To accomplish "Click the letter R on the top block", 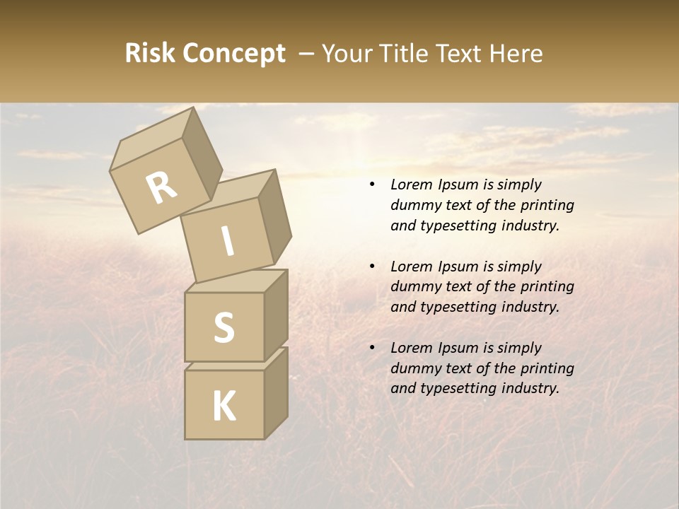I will coord(161,188).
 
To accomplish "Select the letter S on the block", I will coord(224,327).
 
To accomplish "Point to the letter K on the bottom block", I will coord(224,406).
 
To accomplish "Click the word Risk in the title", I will coord(150,54).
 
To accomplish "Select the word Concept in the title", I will coord(233,54).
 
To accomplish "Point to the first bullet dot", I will coord(372,185).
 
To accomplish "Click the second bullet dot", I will coord(372,267).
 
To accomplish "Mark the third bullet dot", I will coord(372,348).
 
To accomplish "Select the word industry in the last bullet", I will coord(530,388).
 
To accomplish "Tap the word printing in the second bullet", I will coord(547,287).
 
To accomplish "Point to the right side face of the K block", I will coord(276,392).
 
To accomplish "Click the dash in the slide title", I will coord(306,54).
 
